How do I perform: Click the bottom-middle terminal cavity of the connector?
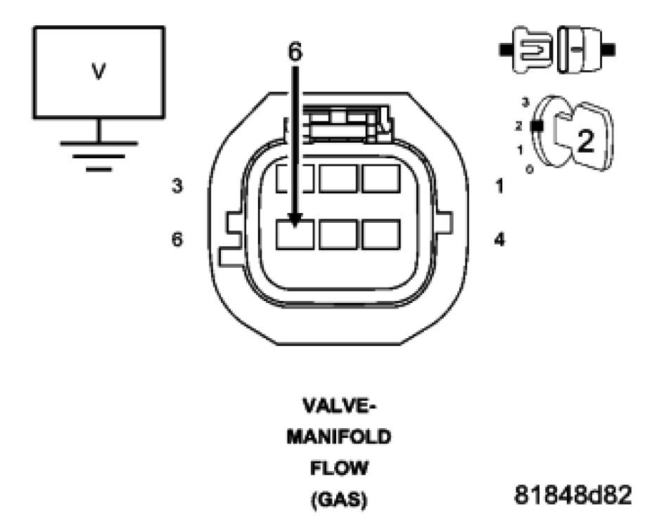[x=338, y=234]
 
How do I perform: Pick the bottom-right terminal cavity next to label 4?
[x=381, y=234]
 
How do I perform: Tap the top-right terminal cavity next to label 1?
[x=381, y=178]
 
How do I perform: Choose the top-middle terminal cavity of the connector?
[x=338, y=178]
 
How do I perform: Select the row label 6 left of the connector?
[x=179, y=240]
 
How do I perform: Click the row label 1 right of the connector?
[x=499, y=188]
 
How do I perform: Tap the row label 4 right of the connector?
[x=499, y=240]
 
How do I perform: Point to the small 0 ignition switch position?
[x=528, y=170]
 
